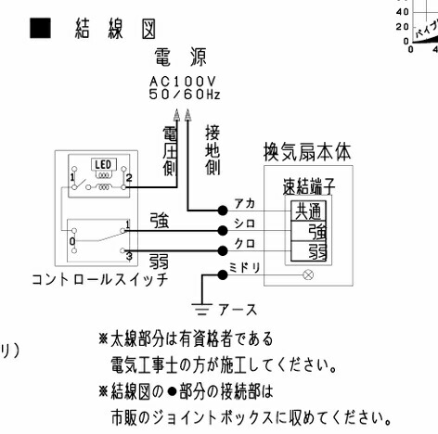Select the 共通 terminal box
[x=308, y=211]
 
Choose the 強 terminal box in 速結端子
[x=316, y=230]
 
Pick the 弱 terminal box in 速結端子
[x=316, y=251]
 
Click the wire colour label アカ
[x=245, y=203]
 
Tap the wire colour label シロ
[x=245, y=224]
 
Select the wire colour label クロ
[x=245, y=246]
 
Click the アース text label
[x=237, y=309]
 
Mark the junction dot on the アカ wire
[x=224, y=211]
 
